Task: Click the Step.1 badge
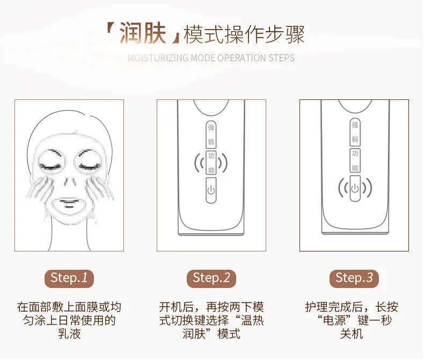[x=69, y=278]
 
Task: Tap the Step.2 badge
[x=211, y=278]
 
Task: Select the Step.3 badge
[x=354, y=278]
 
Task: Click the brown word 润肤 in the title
[x=143, y=33]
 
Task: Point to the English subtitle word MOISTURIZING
[x=158, y=58]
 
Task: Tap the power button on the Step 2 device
[x=211, y=190]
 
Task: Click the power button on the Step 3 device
[x=355, y=189]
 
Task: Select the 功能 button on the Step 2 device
[x=211, y=163]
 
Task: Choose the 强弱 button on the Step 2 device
[x=211, y=134]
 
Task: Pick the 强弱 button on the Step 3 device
[x=355, y=132]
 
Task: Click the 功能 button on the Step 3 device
[x=355, y=161]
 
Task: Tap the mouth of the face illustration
[x=69, y=204]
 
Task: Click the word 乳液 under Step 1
[x=69, y=334]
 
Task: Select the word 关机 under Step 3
[x=352, y=334]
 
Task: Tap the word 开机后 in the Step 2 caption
[x=176, y=307]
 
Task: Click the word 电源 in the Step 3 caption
[x=334, y=320]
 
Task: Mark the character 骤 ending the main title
[x=295, y=34]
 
